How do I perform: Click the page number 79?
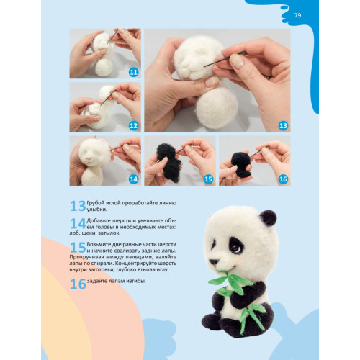coord(297,15)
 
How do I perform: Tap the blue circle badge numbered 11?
coord(133,72)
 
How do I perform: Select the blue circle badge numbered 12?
coord(133,126)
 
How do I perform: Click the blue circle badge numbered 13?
coord(283,126)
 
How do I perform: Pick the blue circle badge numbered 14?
coord(133,179)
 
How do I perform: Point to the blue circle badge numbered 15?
coord(208,179)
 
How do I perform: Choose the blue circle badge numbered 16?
coord(283,179)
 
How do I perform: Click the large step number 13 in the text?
coord(78,206)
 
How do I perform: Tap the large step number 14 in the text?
coord(78,223)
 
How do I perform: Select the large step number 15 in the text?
coord(78,248)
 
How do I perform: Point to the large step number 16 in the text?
coord(78,284)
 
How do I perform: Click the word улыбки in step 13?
coord(96,210)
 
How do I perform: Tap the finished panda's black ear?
coord(268,217)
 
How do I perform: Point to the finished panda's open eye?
coord(236,248)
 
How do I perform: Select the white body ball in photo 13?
coord(217,108)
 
